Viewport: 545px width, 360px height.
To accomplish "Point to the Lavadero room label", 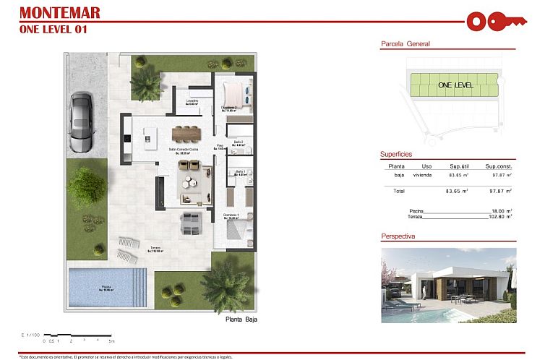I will [192, 102].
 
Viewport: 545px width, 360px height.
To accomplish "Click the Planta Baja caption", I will [241, 319].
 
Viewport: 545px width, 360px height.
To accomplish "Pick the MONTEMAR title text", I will [60, 12].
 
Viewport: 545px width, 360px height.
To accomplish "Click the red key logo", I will [494, 21].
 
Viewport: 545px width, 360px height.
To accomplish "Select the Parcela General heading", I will [405, 44].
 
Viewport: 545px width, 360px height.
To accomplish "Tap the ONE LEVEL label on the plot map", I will [455, 85].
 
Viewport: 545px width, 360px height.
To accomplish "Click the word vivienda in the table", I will [423, 175].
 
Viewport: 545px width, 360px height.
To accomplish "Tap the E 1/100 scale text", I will [30, 334].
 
